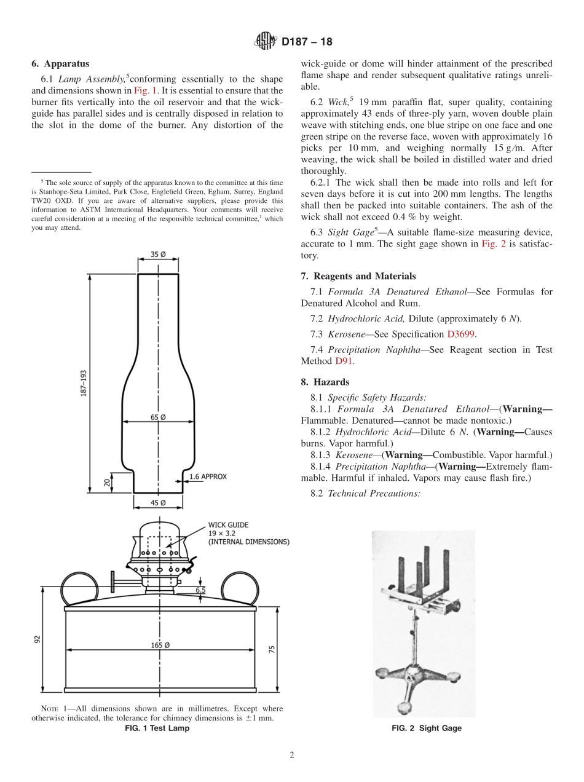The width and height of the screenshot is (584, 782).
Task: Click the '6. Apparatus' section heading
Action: [60, 64]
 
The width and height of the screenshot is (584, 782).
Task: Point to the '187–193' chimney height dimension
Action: [82, 383]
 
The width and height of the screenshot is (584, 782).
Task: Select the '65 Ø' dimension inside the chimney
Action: [158, 417]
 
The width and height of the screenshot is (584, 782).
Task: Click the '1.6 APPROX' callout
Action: [208, 476]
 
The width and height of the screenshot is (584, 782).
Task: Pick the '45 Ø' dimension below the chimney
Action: [158, 503]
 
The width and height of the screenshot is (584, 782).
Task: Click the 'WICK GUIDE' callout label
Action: [229, 524]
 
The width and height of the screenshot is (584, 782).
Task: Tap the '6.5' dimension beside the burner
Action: [201, 589]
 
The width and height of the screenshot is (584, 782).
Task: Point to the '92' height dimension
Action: [37, 639]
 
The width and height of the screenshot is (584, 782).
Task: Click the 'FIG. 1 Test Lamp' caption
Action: [157, 728]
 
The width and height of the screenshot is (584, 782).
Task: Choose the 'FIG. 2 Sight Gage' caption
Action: [427, 728]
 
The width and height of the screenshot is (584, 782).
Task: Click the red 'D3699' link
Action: [461, 334]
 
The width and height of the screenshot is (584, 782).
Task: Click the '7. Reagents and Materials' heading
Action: [358, 276]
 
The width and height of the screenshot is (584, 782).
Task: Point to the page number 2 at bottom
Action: [292, 756]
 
